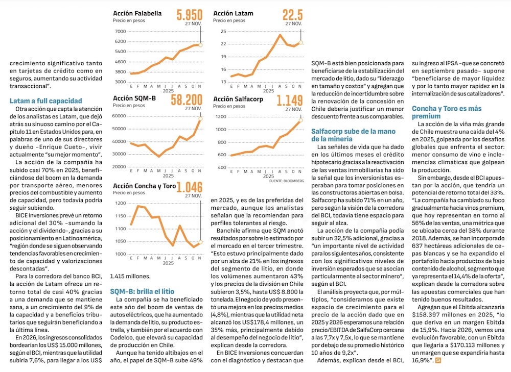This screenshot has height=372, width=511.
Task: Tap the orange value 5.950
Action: pyautogui.click(x=189, y=14)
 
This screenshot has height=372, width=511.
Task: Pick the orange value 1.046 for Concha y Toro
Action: pyautogui.click(x=190, y=186)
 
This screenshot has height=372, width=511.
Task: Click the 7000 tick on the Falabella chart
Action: pyautogui.click(x=120, y=31)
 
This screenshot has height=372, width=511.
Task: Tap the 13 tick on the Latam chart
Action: pyautogui.click(x=223, y=82)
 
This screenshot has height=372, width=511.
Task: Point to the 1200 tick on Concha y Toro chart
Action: pyautogui.click(x=120, y=203)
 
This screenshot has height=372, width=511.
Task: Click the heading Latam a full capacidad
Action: pyautogui.click(x=45, y=101)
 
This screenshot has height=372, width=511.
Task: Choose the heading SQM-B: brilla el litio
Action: pyautogui.click(x=138, y=291)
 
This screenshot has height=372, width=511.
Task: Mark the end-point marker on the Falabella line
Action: pyautogui.click(x=200, y=45)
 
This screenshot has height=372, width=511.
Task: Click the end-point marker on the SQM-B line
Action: pyautogui.click(x=200, y=118)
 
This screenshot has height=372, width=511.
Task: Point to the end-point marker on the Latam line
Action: pyautogui.click(x=301, y=42)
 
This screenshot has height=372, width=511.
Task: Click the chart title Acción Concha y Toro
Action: pyautogui.click(x=144, y=186)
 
